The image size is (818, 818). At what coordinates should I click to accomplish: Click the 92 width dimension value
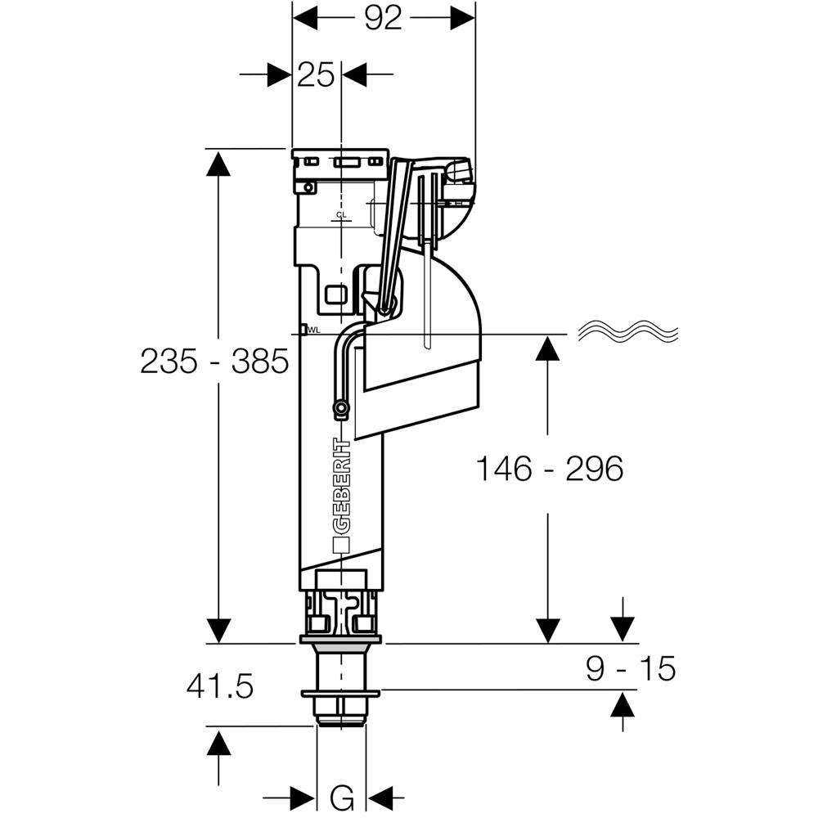pyautogui.click(x=384, y=18)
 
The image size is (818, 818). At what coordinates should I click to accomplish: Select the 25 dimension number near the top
pyautogui.click(x=316, y=75)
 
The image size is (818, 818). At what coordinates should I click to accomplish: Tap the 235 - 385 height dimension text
pyautogui.click(x=214, y=361)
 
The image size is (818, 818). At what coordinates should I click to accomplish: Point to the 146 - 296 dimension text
pyautogui.click(x=550, y=469)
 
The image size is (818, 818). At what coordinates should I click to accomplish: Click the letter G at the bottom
pyautogui.click(x=342, y=795)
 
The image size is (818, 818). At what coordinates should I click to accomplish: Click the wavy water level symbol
pyautogui.click(x=628, y=333)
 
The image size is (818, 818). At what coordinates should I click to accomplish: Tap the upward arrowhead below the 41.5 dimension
pyautogui.click(x=218, y=744)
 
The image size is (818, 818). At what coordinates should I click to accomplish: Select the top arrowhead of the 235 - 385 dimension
pyautogui.click(x=218, y=163)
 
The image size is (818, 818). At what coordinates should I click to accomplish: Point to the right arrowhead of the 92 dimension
pyautogui.click(x=463, y=18)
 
